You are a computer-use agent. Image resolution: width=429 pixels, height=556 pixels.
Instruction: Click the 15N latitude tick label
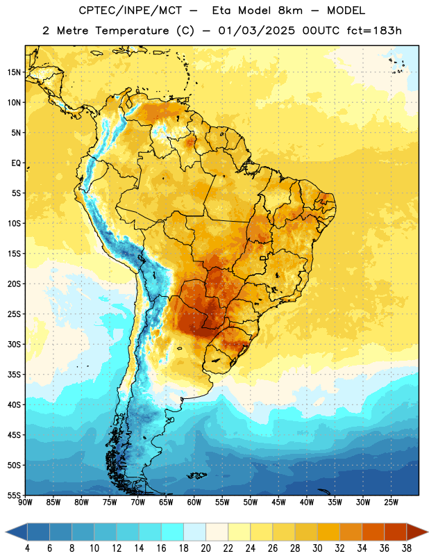tap(14, 72)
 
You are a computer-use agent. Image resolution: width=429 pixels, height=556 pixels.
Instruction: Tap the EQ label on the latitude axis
tap(16, 163)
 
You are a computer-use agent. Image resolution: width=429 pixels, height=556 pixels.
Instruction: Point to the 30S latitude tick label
tap(14, 344)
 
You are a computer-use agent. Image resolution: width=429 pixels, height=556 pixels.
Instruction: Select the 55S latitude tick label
tap(14, 495)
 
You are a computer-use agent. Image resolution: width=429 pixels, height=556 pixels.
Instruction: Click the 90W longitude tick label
tap(25, 502)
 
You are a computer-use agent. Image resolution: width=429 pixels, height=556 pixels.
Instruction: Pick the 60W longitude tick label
tap(194, 502)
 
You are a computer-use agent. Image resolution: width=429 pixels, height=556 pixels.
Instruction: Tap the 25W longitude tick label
tap(391, 502)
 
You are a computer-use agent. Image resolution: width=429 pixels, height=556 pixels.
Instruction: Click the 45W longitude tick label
tap(279, 502)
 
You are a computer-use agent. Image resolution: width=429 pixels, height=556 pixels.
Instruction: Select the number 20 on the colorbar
tap(205, 548)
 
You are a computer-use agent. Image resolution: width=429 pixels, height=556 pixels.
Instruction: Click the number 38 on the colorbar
tap(407, 548)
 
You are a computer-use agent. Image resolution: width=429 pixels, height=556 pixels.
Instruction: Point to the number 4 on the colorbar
tap(27, 548)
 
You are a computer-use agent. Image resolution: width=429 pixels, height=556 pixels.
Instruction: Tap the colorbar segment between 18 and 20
tap(195, 532)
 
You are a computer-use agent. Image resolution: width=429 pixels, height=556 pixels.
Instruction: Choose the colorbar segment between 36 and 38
tap(396, 532)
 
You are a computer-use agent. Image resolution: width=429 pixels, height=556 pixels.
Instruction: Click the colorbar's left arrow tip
tap(6, 532)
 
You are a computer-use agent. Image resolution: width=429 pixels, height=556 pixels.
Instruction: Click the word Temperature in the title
tap(132, 31)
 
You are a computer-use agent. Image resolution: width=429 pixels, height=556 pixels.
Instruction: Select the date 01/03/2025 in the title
tap(256, 31)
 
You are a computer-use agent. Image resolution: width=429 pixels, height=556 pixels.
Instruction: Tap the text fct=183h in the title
tap(374, 31)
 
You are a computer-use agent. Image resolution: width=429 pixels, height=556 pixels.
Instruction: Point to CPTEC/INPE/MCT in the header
tap(130, 10)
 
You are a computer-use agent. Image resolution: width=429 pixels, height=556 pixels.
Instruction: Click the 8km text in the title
tap(290, 10)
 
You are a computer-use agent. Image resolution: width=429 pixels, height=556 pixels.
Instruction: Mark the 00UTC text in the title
tap(321, 31)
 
